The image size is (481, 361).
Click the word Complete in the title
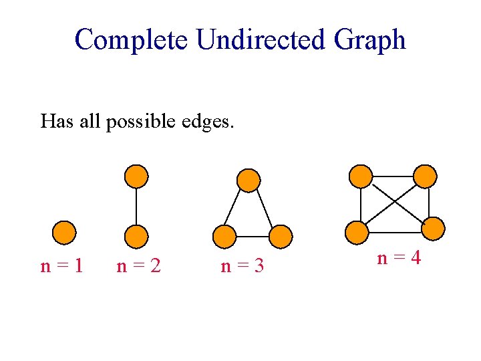132,40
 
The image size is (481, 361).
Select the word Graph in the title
370,40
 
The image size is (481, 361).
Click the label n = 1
62,266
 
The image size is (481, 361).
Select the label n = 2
138,266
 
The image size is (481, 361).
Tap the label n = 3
242,266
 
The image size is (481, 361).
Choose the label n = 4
399,257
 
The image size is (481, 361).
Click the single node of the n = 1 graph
65,233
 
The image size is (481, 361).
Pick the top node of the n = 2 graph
136,176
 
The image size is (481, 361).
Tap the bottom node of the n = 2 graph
136,236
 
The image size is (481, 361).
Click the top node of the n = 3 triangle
249,180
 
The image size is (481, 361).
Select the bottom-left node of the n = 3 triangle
224,235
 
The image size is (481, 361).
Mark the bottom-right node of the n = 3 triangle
281,235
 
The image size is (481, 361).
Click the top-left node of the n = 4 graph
361,176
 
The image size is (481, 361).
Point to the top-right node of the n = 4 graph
425,176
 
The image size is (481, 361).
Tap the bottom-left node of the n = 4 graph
357,232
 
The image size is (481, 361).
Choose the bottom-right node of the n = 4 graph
432,229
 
